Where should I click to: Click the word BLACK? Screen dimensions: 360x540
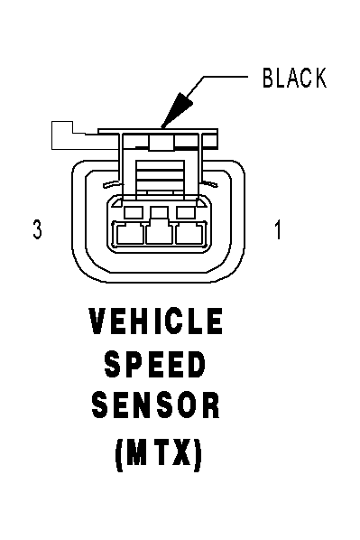pyautogui.click(x=294, y=78)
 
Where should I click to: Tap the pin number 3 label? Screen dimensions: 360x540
pyautogui.click(x=37, y=229)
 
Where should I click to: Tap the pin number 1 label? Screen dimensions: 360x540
pyautogui.click(x=278, y=229)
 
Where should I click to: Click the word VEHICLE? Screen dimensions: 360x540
pyautogui.click(x=156, y=321)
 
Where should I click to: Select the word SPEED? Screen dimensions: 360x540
pyautogui.click(x=155, y=364)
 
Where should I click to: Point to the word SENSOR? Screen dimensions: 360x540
pyautogui.click(x=155, y=405)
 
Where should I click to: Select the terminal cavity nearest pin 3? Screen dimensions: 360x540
pyautogui.click(x=129, y=234)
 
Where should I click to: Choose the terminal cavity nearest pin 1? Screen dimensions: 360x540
pyautogui.click(x=191, y=234)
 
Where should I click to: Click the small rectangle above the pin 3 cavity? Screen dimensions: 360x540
pyautogui.click(x=134, y=212)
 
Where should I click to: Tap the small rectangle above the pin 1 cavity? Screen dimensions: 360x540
pyautogui.click(x=186, y=212)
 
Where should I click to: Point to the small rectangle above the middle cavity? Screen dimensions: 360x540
pyautogui.click(x=160, y=212)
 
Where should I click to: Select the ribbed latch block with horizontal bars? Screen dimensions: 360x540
pyautogui.click(x=161, y=178)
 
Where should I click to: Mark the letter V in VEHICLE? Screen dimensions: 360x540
pyautogui.click(x=97, y=321)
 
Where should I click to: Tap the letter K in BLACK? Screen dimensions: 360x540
pyautogui.click(x=319, y=78)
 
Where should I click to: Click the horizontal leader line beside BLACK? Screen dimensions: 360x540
pyautogui.click(x=226, y=77)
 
